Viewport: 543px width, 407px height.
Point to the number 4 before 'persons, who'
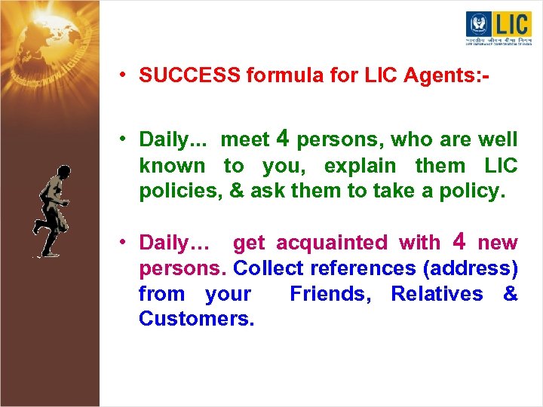284,138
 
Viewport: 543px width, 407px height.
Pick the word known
172,166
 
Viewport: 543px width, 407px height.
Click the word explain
360,166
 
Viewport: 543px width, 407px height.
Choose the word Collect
265,268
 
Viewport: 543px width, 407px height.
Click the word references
364,268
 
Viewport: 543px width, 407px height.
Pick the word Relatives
437,294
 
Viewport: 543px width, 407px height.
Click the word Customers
197,319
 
